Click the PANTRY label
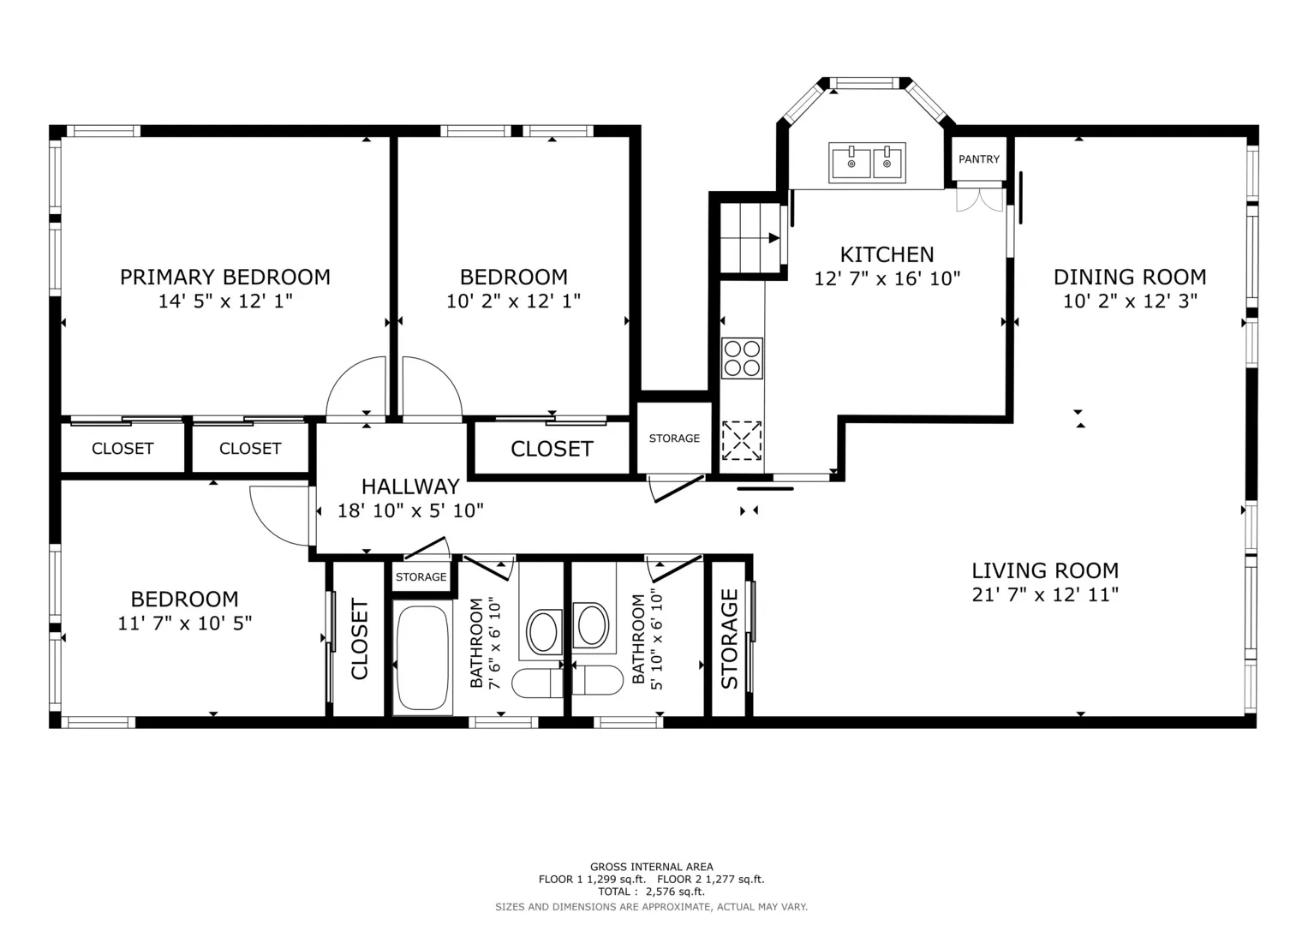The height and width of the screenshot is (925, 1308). [979, 158]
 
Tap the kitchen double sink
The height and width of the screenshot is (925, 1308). [867, 163]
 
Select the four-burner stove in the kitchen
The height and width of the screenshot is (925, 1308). [742, 358]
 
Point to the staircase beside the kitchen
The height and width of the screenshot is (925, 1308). [750, 237]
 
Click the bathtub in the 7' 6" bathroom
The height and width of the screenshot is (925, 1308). [422, 659]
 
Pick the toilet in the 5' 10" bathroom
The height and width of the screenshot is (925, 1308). [597, 680]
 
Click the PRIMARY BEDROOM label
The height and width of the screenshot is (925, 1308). [224, 277]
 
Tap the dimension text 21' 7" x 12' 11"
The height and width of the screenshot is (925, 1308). [1045, 594]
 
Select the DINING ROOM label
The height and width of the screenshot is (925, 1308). [1129, 277]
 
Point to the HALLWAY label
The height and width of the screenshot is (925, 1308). [410, 486]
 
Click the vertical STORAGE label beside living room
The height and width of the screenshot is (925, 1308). [729, 639]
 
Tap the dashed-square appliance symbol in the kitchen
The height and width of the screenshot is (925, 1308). [742, 440]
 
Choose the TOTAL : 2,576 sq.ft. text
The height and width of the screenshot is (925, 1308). [651, 892]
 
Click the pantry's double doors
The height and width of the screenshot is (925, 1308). [979, 200]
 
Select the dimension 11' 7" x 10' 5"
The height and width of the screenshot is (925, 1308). [184, 624]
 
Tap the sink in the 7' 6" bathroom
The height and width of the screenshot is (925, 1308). [543, 631]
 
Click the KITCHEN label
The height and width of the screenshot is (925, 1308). [887, 254]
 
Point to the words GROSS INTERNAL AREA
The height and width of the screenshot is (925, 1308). [651, 867]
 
